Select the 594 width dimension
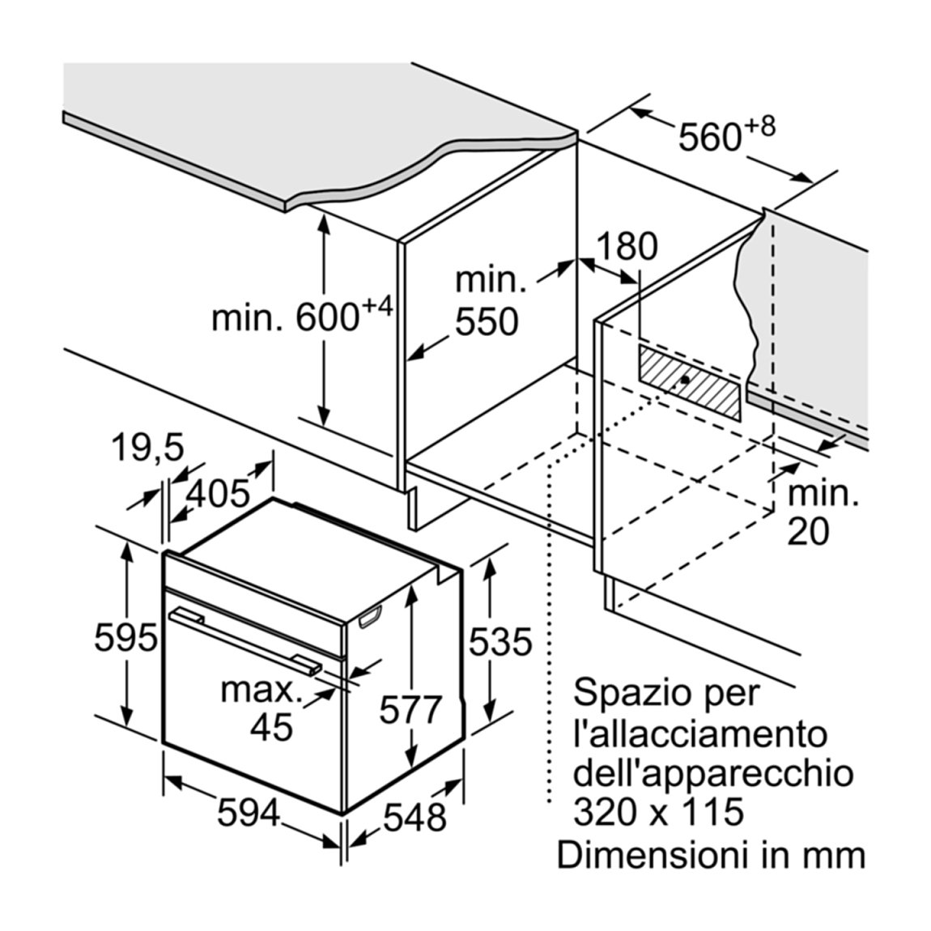tap(249, 813)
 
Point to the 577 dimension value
tap(411, 709)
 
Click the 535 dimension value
tap(500, 642)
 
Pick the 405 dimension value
tap(218, 492)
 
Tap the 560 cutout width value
tap(709, 137)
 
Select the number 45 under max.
tap(271, 725)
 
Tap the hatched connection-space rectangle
tap(690, 382)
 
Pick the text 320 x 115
tap(658, 811)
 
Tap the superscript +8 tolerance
tap(759, 126)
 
